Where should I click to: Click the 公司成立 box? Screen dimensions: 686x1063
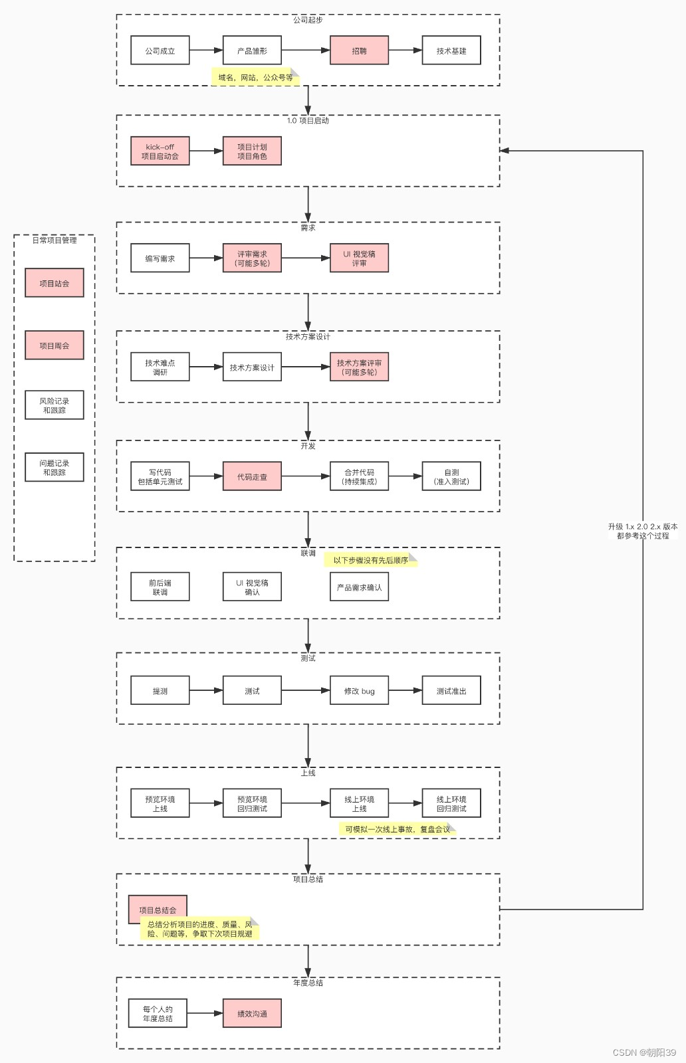(160, 50)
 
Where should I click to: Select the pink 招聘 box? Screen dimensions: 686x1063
(360, 50)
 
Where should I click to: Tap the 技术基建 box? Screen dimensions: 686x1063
(451, 50)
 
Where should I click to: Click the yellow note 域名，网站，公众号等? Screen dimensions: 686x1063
(255, 77)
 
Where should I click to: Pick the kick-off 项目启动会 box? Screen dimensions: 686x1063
(160, 151)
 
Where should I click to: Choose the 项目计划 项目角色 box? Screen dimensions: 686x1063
(252, 151)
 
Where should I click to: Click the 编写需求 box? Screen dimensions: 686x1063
(160, 258)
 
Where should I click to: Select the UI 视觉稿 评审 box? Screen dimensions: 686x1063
(360, 258)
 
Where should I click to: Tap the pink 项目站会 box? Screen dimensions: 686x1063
(55, 283)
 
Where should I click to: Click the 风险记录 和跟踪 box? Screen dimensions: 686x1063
(55, 405)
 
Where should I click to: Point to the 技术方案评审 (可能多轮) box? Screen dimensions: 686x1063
(360, 367)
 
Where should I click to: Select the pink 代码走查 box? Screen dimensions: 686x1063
(252, 476)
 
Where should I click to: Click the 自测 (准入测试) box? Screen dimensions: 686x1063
(451, 476)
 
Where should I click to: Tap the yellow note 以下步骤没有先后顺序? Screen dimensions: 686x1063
(371, 560)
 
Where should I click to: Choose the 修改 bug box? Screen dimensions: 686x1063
(360, 690)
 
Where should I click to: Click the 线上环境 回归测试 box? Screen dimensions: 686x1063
(451, 803)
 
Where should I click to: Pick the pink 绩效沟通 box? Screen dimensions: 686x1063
(252, 1014)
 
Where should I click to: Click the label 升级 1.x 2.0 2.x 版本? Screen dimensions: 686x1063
(643, 526)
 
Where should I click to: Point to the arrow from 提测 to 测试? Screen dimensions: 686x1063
(206, 690)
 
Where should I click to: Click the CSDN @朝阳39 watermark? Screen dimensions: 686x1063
(644, 1052)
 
